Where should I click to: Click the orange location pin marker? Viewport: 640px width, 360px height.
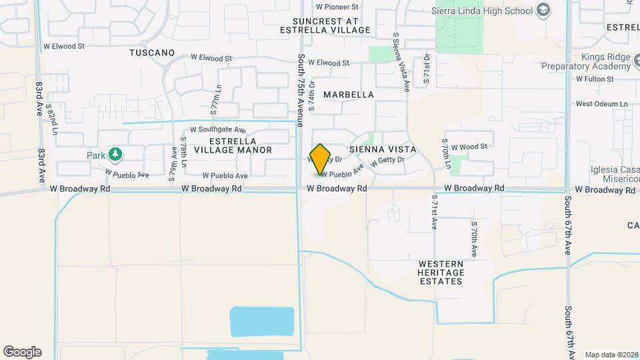pyautogui.click(x=321, y=159)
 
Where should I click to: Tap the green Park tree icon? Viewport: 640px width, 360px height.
pyautogui.click(x=116, y=155)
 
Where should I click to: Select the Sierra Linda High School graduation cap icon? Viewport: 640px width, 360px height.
pyautogui.click(x=544, y=10)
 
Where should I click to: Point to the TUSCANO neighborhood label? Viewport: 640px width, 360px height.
pyautogui.click(x=152, y=52)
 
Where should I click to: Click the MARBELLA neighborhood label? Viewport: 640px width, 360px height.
pyautogui.click(x=349, y=95)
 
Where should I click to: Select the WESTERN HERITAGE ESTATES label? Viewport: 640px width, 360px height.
pyautogui.click(x=441, y=273)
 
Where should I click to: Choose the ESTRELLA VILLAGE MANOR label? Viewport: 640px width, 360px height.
pyautogui.click(x=233, y=145)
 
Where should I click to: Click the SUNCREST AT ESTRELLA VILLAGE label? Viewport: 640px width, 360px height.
pyautogui.click(x=325, y=25)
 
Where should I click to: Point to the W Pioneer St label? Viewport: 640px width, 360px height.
pyautogui.click(x=337, y=7)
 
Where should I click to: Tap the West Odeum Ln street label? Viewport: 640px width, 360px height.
pyautogui.click(x=602, y=104)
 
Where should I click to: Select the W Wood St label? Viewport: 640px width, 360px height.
pyautogui.click(x=469, y=146)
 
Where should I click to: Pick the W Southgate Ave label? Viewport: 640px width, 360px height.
pyautogui.click(x=218, y=129)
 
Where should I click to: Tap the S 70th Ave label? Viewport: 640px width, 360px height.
pyautogui.click(x=474, y=239)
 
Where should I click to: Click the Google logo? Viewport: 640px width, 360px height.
pyautogui.click(x=22, y=352)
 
